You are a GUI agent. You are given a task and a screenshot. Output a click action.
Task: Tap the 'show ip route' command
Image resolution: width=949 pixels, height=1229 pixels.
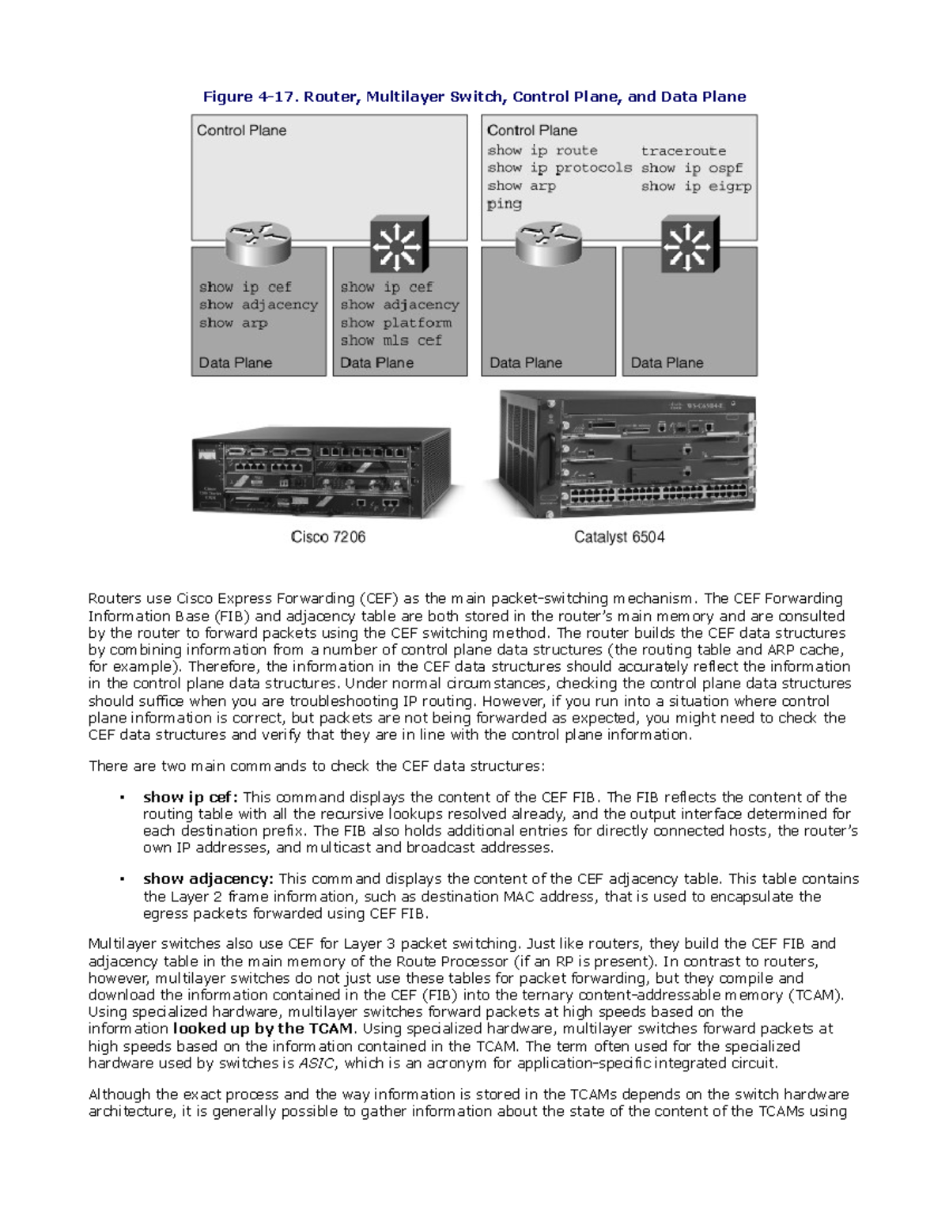coord(543,150)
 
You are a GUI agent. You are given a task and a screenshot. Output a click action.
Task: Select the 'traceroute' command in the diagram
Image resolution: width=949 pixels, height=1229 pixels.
coord(683,150)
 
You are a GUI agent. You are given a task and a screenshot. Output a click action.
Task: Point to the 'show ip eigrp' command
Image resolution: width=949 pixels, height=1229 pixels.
coord(696,186)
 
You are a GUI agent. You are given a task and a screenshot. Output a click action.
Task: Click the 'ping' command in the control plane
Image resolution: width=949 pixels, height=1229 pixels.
coord(504,204)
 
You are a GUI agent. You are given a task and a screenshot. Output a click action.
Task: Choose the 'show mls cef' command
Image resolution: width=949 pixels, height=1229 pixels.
coord(391,340)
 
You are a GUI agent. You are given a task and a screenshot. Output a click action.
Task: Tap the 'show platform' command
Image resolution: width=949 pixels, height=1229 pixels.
coord(395,323)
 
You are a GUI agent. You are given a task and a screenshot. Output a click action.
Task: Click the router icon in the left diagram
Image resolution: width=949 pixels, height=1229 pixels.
coord(259,243)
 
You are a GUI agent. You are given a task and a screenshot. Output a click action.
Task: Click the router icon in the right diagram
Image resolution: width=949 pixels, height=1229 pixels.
coord(549,243)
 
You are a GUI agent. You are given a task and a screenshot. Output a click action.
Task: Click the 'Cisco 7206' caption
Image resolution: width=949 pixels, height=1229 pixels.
coord(327,537)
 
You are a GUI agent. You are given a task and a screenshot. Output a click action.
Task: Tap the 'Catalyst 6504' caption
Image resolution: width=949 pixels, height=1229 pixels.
coord(619,537)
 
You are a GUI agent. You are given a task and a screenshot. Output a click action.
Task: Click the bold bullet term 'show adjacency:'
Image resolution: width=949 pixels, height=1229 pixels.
coord(208,878)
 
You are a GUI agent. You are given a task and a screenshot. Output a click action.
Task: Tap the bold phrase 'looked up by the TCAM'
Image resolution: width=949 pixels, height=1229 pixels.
coord(263,1029)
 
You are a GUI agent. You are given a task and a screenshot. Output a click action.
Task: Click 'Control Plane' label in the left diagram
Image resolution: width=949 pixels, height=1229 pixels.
coord(241,131)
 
